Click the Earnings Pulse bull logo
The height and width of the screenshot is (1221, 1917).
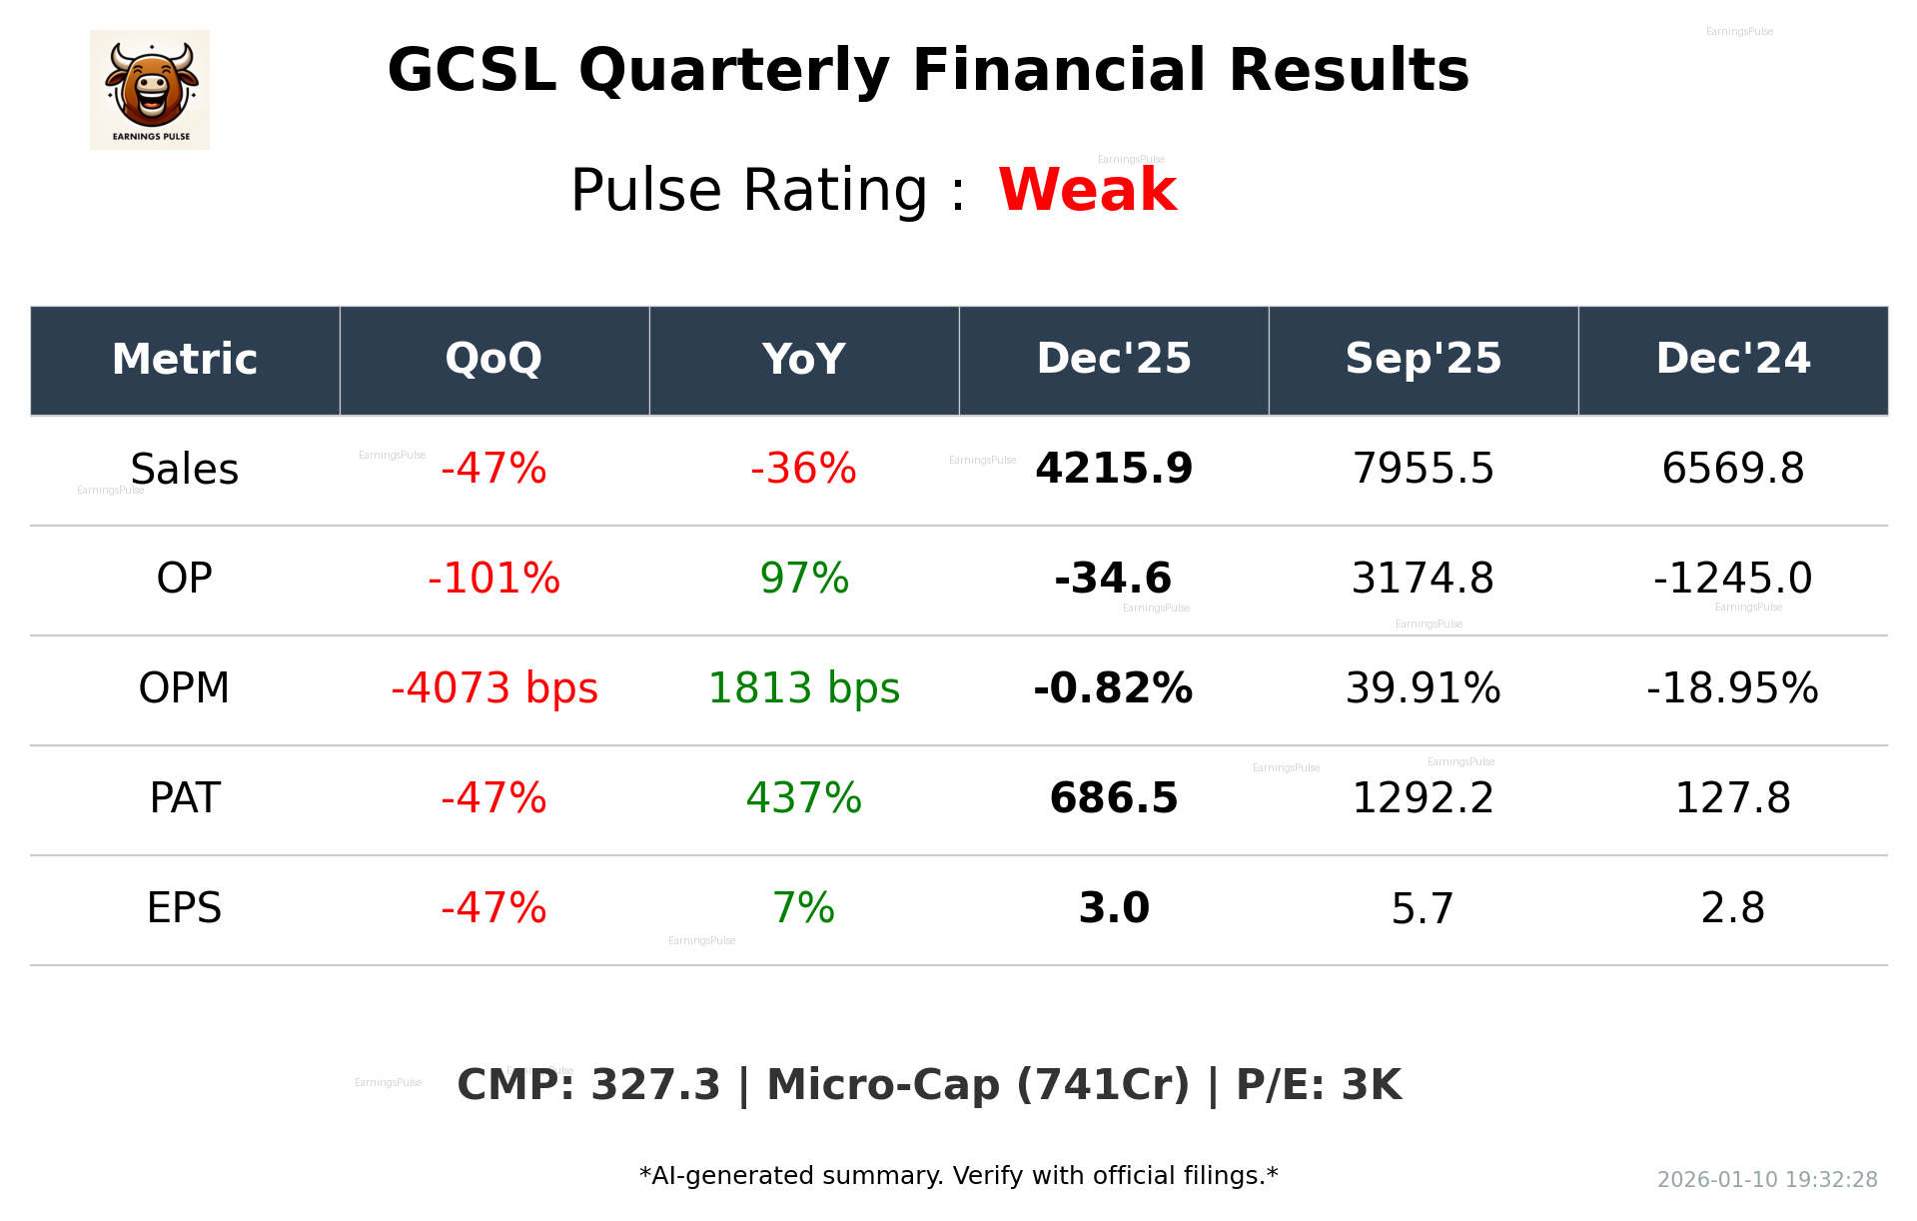pos(150,89)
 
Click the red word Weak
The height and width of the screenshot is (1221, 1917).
pos(1087,190)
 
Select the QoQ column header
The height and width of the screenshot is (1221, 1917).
pos(493,359)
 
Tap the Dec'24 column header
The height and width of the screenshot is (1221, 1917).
pos(1732,359)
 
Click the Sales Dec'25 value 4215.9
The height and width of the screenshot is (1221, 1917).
pos(1113,469)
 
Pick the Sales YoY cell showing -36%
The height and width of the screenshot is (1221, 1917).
pos(803,469)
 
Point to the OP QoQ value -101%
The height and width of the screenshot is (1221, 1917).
pos(493,579)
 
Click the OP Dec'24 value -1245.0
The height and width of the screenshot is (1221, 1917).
pos(1732,579)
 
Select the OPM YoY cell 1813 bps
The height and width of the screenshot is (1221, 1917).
pos(803,688)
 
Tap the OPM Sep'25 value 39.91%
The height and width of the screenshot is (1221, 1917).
pos(1423,688)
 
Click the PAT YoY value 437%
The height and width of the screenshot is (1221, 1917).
pos(803,798)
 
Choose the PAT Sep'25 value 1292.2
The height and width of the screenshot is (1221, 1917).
pos(1423,798)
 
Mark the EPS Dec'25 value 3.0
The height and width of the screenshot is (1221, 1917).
pos(1113,908)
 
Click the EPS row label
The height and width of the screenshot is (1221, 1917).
pos(184,908)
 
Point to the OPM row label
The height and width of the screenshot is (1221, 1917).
pos(184,688)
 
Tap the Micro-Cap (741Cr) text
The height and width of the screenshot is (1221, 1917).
pos(977,1085)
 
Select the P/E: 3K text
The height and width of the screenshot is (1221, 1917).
pos(1319,1085)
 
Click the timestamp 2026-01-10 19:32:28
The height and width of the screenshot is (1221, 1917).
pos(1766,1180)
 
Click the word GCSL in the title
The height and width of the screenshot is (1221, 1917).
pos(471,71)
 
